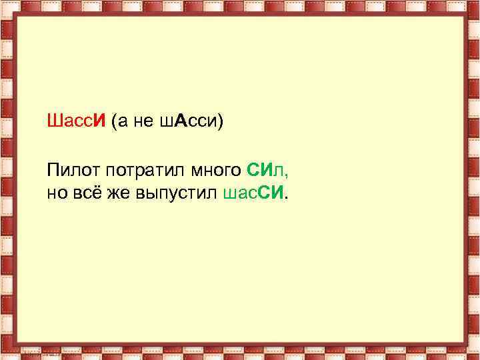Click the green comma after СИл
point(287,175)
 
